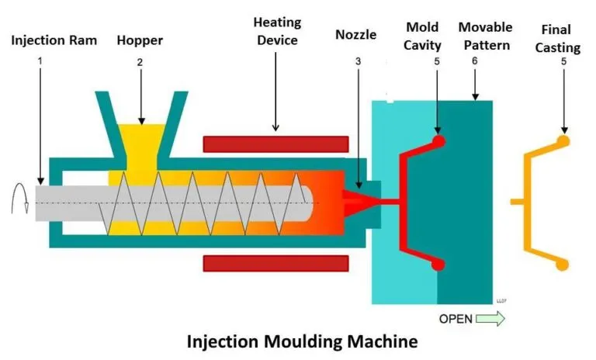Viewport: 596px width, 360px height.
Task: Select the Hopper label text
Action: [140, 40]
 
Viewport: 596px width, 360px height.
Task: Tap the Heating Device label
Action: [275, 31]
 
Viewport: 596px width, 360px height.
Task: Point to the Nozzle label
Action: [356, 34]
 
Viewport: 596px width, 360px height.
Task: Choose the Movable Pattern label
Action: [484, 36]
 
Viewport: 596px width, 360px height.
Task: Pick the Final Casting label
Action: [560, 39]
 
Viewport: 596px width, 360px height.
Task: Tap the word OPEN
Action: [456, 319]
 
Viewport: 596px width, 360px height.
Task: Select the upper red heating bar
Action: [275, 144]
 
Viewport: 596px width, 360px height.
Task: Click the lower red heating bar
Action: [275, 263]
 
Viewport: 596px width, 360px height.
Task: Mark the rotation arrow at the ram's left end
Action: [19, 204]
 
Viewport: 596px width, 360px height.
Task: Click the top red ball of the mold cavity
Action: [438, 141]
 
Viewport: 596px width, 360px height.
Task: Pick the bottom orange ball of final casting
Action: [563, 264]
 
